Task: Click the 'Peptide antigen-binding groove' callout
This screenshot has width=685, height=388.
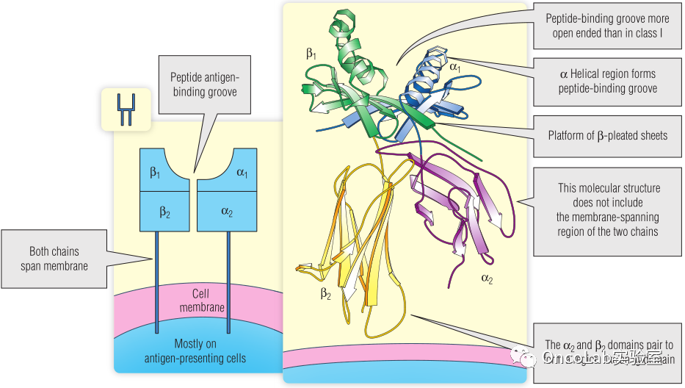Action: click(205, 85)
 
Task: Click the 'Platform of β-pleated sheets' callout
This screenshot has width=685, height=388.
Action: click(607, 135)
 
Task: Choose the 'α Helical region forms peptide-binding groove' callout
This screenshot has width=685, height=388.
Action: click(607, 81)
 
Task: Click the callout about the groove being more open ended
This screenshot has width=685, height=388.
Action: click(607, 26)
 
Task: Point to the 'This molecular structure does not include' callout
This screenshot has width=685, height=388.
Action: click(607, 210)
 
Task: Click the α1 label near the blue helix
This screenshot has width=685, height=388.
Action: click(455, 67)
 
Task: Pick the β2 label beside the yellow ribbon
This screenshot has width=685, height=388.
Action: click(325, 294)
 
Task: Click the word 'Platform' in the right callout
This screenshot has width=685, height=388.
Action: click(567, 135)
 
